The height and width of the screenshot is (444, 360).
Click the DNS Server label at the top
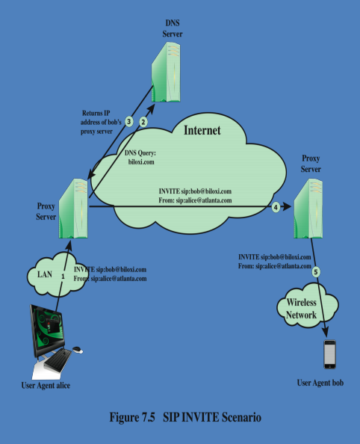point(173,29)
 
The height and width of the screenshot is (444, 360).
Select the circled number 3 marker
point(129,121)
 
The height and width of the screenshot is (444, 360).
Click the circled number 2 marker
point(144,120)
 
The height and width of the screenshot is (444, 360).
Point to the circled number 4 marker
point(276,207)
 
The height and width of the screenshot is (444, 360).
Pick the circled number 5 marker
point(316,272)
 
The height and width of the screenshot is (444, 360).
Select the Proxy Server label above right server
point(311,164)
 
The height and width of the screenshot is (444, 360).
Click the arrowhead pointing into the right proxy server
point(288,207)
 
